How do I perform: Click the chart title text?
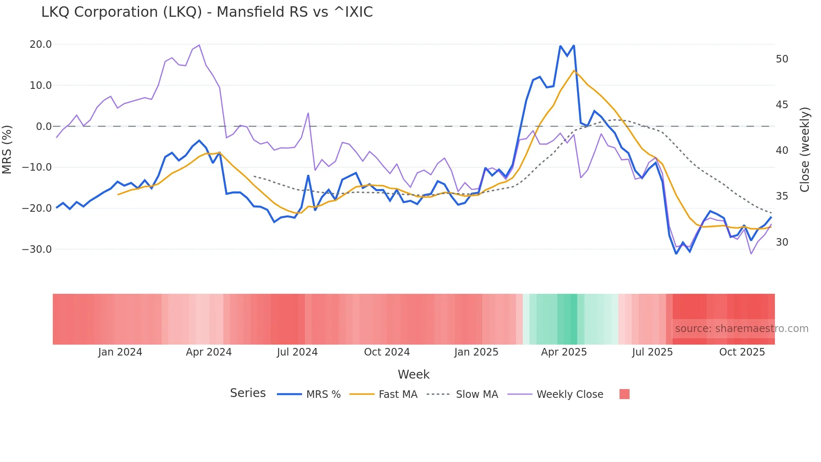click(207, 12)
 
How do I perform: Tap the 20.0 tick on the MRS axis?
click(41, 44)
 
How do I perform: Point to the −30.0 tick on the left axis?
click(37, 249)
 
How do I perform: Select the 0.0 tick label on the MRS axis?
click(44, 127)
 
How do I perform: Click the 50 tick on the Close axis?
click(782, 59)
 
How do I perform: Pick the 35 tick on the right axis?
click(782, 196)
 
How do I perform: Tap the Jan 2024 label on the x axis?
click(120, 352)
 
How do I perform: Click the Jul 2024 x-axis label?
click(297, 352)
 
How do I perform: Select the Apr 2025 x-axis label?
click(564, 352)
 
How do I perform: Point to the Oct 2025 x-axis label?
click(742, 352)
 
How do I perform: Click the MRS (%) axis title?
click(7, 149)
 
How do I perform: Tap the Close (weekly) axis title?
click(804, 150)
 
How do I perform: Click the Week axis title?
click(413, 374)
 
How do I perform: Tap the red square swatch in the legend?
click(624, 394)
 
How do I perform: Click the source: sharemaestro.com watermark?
click(741, 329)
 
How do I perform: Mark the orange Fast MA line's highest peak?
click(574, 70)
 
